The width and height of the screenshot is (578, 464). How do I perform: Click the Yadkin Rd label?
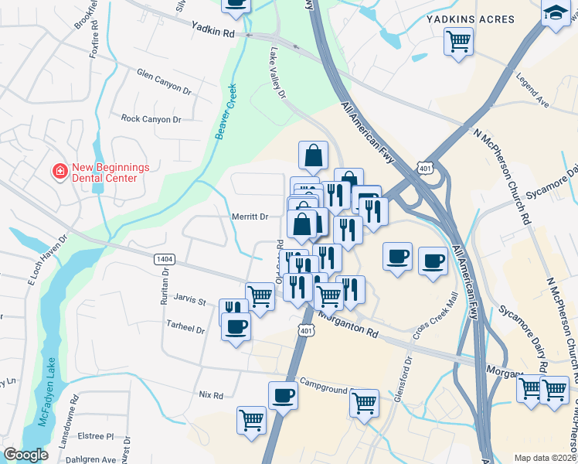213,32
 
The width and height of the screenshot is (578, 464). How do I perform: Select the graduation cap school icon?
555,12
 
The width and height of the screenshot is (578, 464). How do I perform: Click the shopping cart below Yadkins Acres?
458,40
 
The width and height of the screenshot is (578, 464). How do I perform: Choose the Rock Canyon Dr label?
151,118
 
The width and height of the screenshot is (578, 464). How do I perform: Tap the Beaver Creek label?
225,112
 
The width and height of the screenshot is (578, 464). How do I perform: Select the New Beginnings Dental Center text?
104,172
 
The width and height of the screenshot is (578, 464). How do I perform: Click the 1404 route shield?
163,258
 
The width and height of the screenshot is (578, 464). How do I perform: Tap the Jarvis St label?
191,301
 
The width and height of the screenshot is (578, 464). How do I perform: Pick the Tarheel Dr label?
185,329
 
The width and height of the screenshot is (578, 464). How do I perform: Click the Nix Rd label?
210,394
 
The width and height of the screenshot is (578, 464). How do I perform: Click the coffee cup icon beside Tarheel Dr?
236,326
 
